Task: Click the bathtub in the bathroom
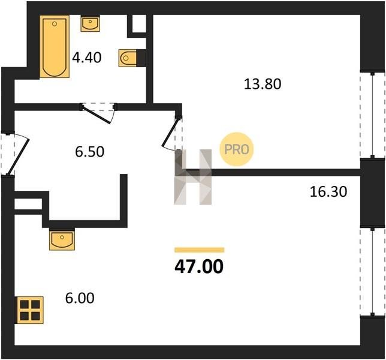pos(55,47)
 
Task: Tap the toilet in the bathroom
pos(128,58)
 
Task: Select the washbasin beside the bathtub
pos(91,23)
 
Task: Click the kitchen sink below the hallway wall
pos(62,239)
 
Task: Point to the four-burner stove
pos(30,310)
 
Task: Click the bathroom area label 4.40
pos(87,58)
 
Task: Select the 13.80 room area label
pos(263,84)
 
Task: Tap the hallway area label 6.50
pos(90,152)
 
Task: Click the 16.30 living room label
pos(328,192)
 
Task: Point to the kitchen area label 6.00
pos(80,298)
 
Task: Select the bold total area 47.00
pos(199,266)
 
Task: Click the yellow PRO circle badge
pos(237,149)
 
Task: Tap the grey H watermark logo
pos(193,177)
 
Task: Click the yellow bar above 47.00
pos(200,250)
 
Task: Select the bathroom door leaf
pos(96,114)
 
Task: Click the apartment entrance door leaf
pos(18,157)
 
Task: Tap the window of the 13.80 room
pos(372,115)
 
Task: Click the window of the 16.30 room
pos(372,272)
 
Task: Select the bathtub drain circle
pos(55,24)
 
